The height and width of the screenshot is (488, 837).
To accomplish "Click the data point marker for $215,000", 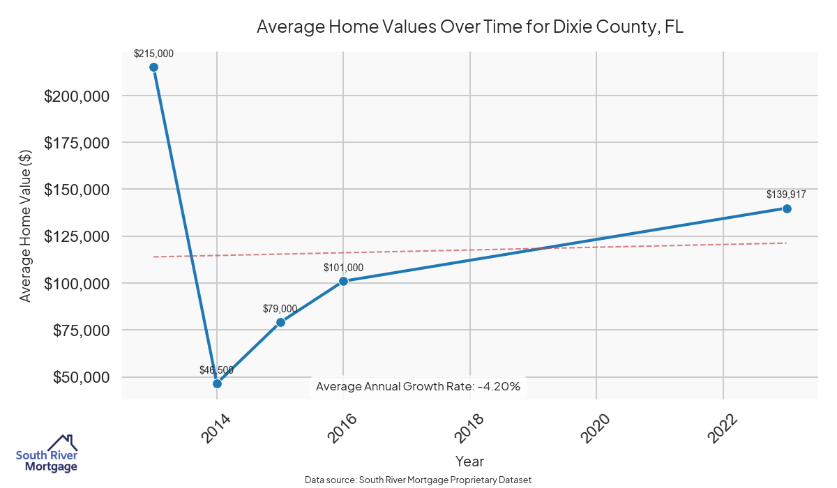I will tap(153, 67).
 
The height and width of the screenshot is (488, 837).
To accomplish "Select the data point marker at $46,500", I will tap(217, 383).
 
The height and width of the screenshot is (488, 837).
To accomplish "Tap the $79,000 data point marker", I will tap(280, 322).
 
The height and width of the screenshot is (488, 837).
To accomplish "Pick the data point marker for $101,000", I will tap(343, 281).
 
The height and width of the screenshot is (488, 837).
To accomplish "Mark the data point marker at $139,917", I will tap(787, 208).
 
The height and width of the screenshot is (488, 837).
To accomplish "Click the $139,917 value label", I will tap(787, 195).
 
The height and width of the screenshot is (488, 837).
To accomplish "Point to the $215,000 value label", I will tap(153, 53).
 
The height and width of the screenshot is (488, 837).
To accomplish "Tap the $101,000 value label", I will tap(343, 268).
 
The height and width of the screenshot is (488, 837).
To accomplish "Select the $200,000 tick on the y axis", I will tap(77, 96).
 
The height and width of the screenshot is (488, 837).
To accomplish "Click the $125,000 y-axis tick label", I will tap(77, 237).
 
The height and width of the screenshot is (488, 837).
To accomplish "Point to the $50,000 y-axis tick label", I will tap(81, 378).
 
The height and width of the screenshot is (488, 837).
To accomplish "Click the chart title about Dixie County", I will tap(469, 26).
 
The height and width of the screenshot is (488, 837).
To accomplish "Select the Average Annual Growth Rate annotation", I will tap(418, 386).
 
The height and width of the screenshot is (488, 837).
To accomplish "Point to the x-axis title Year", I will tap(469, 461).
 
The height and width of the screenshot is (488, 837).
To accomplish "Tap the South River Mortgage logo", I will tap(47, 454).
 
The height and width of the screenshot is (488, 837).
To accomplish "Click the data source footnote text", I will tap(418, 480).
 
